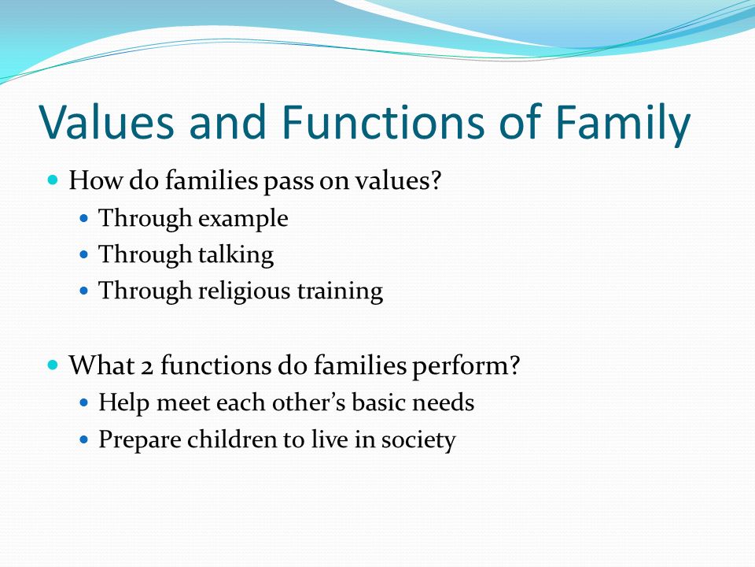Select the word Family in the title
pyautogui.click(x=623, y=124)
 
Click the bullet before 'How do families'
pyautogui.click(x=53, y=180)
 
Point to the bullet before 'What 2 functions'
pyautogui.click(x=53, y=365)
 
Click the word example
pyautogui.click(x=243, y=220)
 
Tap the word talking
pyautogui.click(x=236, y=255)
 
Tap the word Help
pyautogui.click(x=123, y=403)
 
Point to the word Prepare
pyautogui.click(x=139, y=440)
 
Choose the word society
pyautogui.click(x=418, y=440)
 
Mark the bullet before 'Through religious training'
pyautogui.click(x=84, y=291)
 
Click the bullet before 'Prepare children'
pyautogui.click(x=84, y=439)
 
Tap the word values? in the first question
pyautogui.click(x=398, y=181)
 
